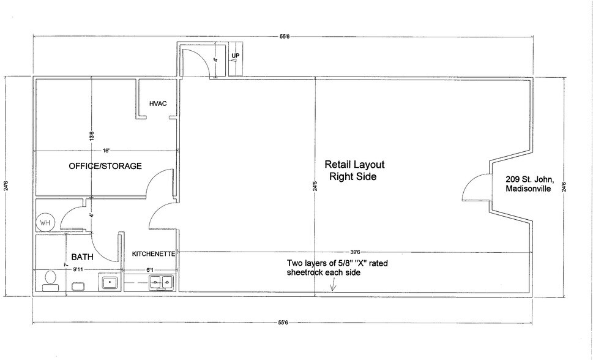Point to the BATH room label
click(81, 258)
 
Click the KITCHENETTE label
click(154, 253)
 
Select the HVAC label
click(158, 103)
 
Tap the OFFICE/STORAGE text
click(105, 166)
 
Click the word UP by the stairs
click(235, 56)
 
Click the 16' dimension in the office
click(106, 150)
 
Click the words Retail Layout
click(352, 165)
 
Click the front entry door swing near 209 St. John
click(473, 187)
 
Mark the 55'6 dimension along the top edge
click(284, 37)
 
